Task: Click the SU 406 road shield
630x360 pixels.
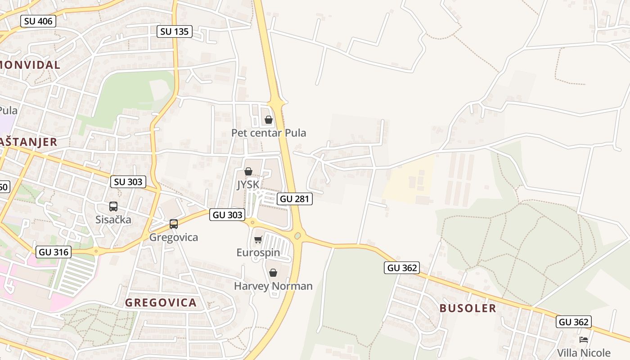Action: click(38, 21)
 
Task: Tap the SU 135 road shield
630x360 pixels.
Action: click(175, 31)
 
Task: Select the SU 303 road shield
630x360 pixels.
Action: click(128, 182)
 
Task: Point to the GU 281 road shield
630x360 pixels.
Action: click(295, 199)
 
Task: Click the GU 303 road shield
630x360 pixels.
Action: click(227, 215)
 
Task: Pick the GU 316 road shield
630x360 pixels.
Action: click(54, 252)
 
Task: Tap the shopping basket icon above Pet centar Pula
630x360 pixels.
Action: click(269, 120)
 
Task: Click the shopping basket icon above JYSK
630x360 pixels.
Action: click(248, 171)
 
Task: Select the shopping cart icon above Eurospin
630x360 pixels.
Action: click(258, 239)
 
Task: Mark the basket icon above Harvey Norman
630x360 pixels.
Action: click(273, 273)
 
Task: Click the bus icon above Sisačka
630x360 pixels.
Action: click(113, 207)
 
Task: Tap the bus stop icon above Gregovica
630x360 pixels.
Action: click(174, 224)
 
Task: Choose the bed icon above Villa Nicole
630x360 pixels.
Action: click(584, 340)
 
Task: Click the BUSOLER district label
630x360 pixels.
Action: click(468, 308)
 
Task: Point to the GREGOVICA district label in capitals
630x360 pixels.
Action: click(161, 303)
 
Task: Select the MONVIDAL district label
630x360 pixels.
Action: click(30, 65)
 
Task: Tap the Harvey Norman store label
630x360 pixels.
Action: click(273, 286)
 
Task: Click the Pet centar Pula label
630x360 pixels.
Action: click(269, 133)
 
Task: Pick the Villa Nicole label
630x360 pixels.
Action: click(584, 353)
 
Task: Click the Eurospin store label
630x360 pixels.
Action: click(258, 252)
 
